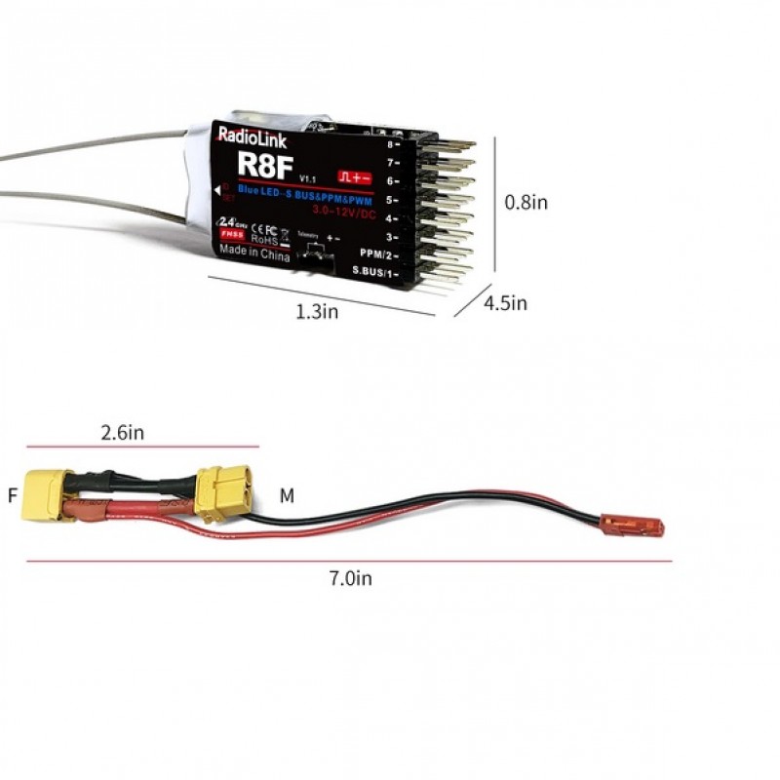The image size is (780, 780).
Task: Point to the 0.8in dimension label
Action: (x=525, y=203)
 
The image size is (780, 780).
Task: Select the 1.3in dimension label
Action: (x=317, y=312)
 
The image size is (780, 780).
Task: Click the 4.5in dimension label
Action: (x=505, y=303)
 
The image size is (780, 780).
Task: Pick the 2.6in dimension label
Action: (x=122, y=433)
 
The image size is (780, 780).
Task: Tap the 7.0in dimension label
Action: (x=350, y=578)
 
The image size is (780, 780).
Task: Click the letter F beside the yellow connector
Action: (x=13, y=495)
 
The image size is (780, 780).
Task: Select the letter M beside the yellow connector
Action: (x=287, y=496)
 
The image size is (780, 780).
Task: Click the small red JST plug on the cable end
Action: (x=645, y=527)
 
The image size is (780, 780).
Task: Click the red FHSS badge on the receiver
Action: (x=232, y=235)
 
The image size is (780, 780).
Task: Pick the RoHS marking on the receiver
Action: (x=265, y=237)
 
